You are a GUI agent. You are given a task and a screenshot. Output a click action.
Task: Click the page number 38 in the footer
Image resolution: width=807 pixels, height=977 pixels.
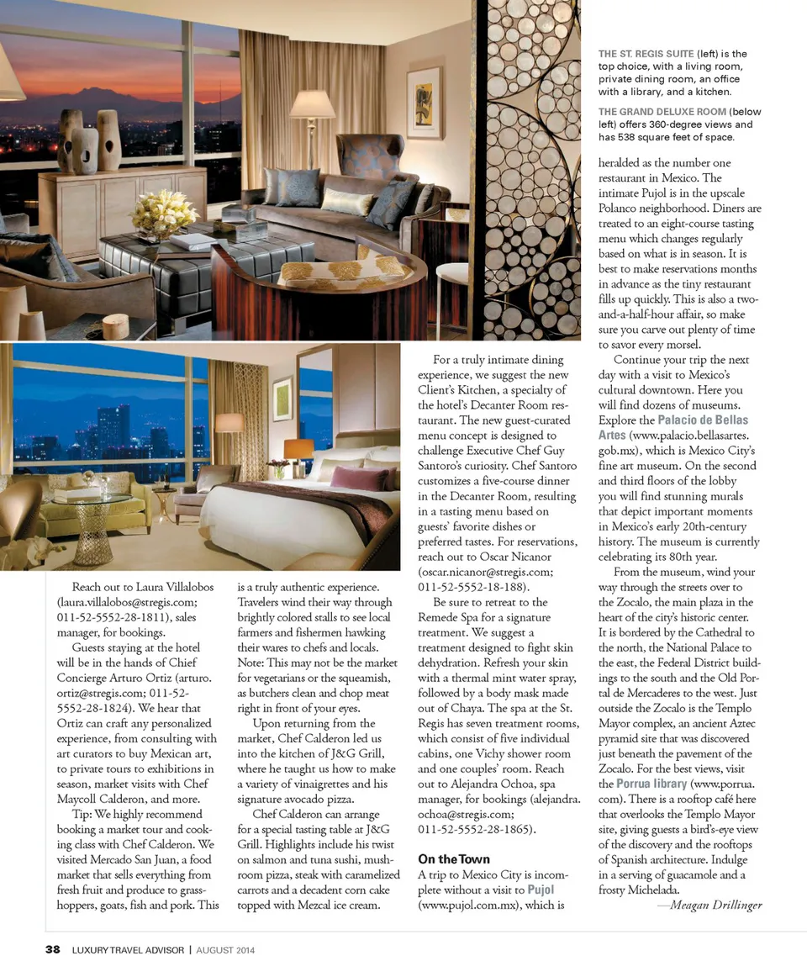tap(52, 950)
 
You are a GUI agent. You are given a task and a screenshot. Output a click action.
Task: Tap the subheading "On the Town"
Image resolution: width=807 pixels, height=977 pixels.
tap(454, 858)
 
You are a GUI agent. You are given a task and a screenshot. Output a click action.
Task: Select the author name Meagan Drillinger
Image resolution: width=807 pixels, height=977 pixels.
tap(710, 905)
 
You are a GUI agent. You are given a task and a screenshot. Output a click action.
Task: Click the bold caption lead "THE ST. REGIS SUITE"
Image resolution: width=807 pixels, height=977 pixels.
tap(646, 54)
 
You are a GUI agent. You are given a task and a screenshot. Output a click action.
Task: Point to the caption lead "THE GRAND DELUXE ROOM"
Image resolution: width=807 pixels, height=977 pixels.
tap(662, 112)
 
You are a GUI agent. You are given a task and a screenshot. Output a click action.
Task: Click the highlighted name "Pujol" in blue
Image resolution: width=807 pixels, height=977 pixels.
tap(541, 890)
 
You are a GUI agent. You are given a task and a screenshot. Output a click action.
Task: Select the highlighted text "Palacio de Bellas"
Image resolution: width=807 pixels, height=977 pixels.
tap(703, 420)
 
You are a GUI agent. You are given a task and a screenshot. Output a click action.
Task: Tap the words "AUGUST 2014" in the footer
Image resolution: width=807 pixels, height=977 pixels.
tap(225, 950)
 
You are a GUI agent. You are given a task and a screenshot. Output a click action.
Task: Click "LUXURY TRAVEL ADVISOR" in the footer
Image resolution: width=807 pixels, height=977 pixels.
tap(127, 950)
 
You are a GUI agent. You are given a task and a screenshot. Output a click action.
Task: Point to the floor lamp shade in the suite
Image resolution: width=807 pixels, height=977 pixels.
tap(312, 107)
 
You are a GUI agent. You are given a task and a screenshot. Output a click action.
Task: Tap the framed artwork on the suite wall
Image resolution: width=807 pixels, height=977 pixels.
tap(425, 103)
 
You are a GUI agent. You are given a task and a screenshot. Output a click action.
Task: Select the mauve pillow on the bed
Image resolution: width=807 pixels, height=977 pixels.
tap(359, 478)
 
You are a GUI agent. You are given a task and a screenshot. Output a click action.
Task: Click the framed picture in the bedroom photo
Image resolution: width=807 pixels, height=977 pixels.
tap(282, 399)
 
